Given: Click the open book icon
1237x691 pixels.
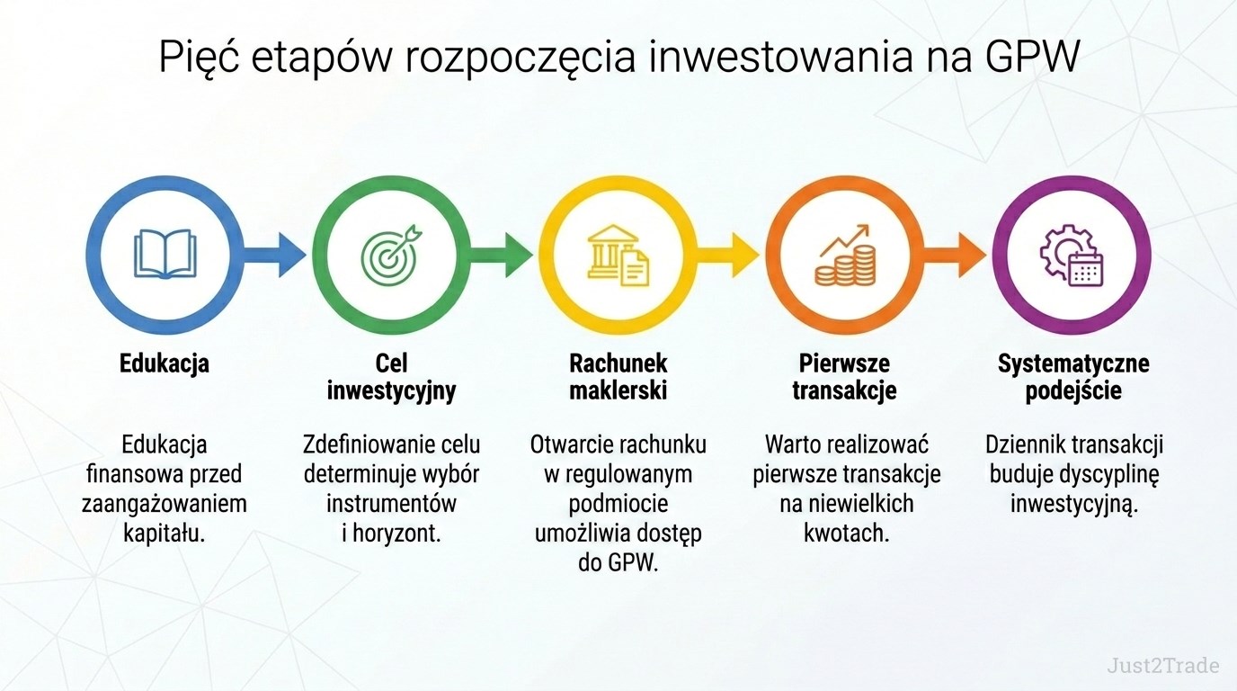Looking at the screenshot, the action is [165, 255].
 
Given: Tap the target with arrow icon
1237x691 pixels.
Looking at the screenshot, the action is [392, 255].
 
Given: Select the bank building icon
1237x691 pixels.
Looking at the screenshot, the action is [618, 255].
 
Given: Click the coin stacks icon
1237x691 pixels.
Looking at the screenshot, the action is [845, 255].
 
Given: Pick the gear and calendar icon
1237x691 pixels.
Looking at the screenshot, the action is [1072, 255].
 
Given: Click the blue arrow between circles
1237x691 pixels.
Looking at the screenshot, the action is [274, 255].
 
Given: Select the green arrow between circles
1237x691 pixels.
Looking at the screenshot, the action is [502, 255].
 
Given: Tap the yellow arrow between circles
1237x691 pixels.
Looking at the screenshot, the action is [728, 255].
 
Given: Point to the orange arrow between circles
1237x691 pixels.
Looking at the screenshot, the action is [955, 255].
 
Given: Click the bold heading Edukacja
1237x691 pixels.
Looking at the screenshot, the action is [165, 363].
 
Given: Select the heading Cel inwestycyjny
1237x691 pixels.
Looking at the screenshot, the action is [392, 378].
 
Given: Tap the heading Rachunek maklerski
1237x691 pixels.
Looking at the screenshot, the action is [618, 377].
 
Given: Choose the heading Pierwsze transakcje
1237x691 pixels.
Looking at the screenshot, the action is [844, 378].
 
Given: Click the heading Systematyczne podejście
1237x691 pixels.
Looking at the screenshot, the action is [1073, 378].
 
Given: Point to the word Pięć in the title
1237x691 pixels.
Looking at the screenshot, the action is [200, 57].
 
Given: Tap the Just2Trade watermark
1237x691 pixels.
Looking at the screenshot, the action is [1163, 665].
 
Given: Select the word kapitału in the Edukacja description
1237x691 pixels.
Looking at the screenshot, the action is [164, 534].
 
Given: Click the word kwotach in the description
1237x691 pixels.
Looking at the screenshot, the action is [847, 534].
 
